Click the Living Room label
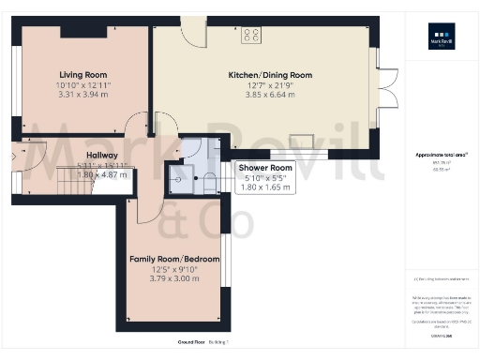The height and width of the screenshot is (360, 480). click(x=82, y=75)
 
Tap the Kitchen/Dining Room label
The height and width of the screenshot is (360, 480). click(x=270, y=75)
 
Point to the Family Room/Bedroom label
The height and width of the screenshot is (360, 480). click(x=175, y=259)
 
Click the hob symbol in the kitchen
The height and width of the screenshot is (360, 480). click(x=251, y=36)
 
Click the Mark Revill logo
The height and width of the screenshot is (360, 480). click(x=442, y=39)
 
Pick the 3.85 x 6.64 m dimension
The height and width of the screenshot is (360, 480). click(x=270, y=95)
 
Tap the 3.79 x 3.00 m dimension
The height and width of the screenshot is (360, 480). click(x=175, y=278)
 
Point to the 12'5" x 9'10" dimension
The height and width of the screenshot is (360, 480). click(x=175, y=269)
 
